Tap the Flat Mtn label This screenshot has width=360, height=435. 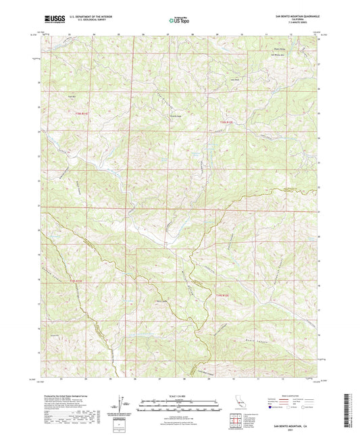tap(69, 97)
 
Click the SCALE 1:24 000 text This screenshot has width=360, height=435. tap(180, 394)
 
